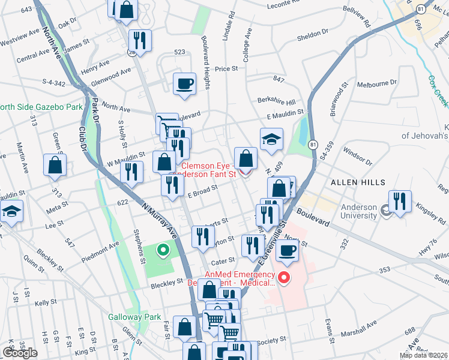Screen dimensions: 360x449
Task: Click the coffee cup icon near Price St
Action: [x=185, y=83]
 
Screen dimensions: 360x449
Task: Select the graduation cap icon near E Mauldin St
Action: [x=271, y=139]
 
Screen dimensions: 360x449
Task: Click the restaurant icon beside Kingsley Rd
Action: [x=399, y=200]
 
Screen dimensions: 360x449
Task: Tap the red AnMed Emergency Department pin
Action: [x=285, y=278]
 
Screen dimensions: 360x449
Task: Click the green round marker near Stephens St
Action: [x=161, y=250]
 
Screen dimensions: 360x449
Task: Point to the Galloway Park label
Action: [x=135, y=317]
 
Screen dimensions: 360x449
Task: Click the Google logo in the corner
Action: [x=20, y=353]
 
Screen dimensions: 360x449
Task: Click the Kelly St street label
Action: [x=45, y=304]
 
